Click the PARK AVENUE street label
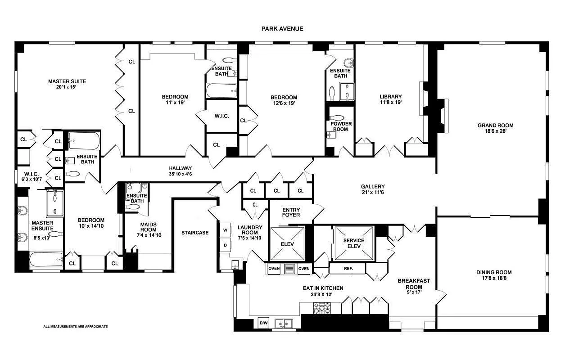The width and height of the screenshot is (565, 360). (282, 28)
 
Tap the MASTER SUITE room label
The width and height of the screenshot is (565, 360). (67, 81)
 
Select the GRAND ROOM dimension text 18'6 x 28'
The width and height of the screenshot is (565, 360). (495, 132)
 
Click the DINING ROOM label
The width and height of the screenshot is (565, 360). (494, 272)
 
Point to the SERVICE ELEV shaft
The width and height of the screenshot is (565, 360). (353, 243)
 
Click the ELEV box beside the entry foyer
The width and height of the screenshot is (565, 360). (287, 243)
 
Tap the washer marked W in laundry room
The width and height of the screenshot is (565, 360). (225, 230)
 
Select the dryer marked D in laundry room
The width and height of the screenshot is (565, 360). (225, 245)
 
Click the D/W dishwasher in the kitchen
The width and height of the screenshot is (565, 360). (263, 323)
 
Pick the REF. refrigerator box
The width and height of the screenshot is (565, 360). (348, 269)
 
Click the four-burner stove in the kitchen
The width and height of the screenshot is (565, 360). (321, 308)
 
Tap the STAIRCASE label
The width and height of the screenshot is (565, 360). (195, 233)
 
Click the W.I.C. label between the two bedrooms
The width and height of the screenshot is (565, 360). (221, 116)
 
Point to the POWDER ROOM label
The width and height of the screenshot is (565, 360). (341, 126)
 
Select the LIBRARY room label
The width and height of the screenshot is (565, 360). (390, 97)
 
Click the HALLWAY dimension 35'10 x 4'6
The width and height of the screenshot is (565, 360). (181, 175)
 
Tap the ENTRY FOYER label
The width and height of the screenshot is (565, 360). (291, 212)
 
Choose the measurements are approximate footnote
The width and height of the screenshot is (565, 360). (75, 326)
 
